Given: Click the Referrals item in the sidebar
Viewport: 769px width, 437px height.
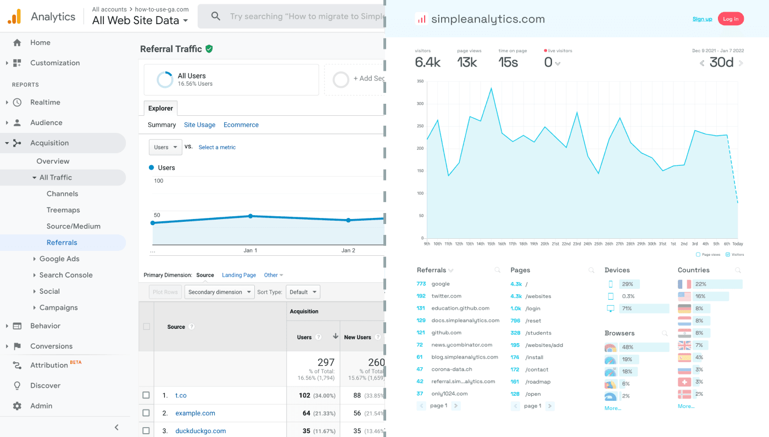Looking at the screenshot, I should (62, 243).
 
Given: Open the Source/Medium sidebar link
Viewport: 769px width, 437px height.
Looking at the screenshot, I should (73, 226).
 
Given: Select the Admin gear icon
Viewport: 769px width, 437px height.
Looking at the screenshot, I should (17, 406).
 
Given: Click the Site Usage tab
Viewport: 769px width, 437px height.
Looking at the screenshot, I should (199, 125).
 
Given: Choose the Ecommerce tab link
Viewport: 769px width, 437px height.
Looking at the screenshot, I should (241, 125).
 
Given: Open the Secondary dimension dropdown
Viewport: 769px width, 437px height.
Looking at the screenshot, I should (219, 292).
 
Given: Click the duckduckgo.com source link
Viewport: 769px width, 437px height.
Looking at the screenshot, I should (200, 431).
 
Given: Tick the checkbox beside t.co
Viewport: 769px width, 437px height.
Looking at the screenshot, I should (146, 395).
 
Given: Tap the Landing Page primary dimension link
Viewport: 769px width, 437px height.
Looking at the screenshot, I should (238, 275).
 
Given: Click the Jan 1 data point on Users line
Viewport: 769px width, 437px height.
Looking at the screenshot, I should (250, 216).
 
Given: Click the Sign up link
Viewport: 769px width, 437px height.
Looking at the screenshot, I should (702, 19).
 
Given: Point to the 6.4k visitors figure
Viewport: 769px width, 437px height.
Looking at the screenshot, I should (427, 63).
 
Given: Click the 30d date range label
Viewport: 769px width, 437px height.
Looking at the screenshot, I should (721, 63).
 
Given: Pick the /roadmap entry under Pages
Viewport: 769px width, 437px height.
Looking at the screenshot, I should (538, 382).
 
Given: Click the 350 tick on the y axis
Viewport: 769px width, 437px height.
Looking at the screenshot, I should (420, 81).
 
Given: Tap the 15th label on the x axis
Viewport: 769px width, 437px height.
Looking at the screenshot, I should (491, 244).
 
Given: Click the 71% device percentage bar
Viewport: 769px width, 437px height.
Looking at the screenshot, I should (643, 309).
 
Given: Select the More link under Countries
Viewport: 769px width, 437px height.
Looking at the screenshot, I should (686, 406).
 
